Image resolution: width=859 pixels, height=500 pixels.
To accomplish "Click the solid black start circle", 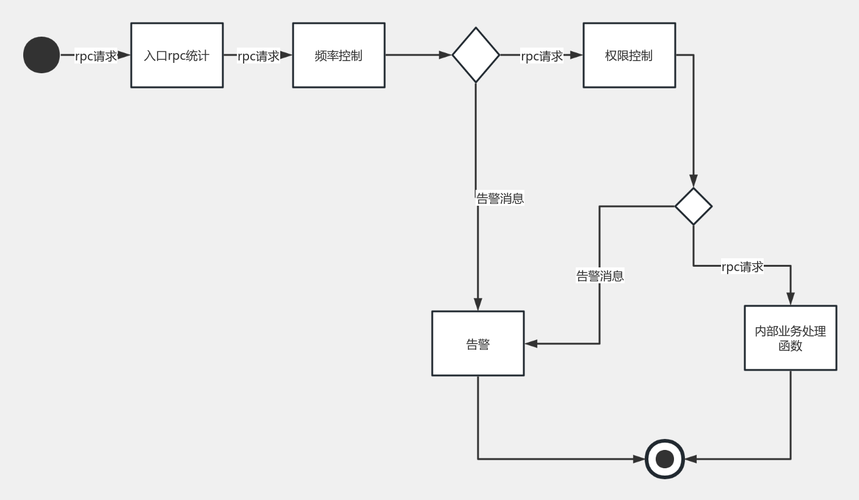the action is (x=42, y=55).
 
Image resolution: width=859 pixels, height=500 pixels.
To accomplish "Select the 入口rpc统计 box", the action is (x=177, y=55).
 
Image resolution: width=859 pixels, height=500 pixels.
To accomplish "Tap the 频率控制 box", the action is (x=339, y=55).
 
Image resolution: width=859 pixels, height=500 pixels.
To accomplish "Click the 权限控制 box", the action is (x=629, y=55).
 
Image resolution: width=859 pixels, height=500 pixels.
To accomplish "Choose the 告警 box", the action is (x=478, y=343).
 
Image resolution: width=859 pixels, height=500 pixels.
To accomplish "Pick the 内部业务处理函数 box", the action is (x=791, y=338).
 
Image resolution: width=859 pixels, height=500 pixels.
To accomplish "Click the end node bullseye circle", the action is (x=665, y=459).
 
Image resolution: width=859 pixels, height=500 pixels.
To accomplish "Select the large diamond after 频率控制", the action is (x=476, y=55).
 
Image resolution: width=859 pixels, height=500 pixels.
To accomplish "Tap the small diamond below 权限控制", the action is (x=694, y=206).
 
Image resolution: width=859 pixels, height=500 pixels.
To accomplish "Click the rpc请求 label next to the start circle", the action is (x=95, y=56).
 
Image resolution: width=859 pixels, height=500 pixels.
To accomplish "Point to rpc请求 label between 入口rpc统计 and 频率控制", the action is (x=258, y=56).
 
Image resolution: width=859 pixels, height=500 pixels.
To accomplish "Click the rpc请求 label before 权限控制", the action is (x=542, y=56).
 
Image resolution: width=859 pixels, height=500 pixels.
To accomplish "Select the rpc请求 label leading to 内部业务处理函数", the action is (x=742, y=267).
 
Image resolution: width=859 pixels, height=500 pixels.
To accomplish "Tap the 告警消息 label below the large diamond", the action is (x=500, y=198).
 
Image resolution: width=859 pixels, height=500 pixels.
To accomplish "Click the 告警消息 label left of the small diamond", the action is (x=600, y=276).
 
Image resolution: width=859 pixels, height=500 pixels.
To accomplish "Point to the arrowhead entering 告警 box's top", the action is (x=478, y=304).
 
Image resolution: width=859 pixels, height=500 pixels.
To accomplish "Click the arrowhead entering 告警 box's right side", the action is (x=531, y=344).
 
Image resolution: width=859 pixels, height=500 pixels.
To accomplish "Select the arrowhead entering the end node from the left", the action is (x=639, y=459).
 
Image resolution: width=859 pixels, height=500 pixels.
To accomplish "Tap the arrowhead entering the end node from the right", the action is (x=690, y=459).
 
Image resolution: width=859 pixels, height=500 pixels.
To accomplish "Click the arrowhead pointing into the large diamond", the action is (x=446, y=55).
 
